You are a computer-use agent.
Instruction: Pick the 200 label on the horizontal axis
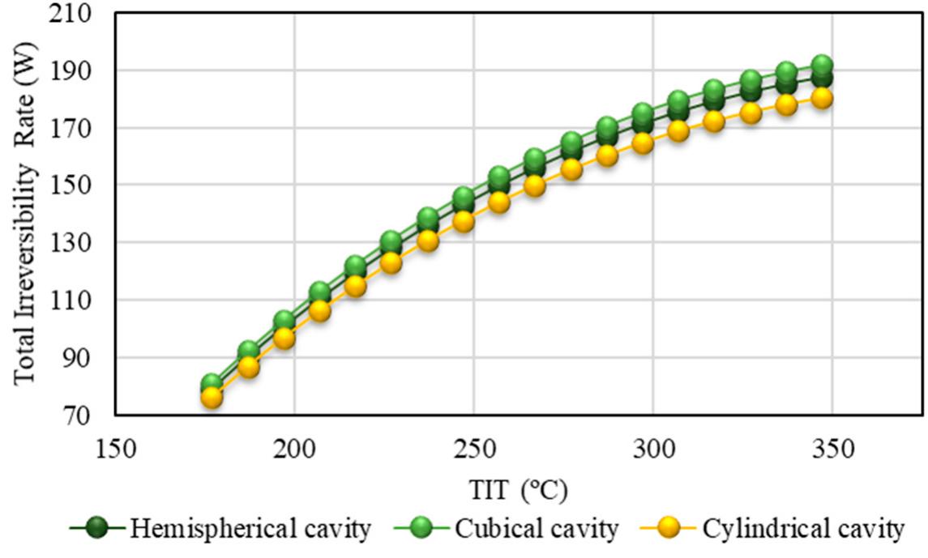click(x=294, y=448)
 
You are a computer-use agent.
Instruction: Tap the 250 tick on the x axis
click(x=474, y=448)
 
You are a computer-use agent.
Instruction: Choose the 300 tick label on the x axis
click(x=654, y=448)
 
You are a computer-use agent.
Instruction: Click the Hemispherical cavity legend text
click(x=250, y=530)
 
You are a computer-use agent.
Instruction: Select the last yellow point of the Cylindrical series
click(x=823, y=98)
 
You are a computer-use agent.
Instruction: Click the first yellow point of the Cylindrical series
click(x=212, y=398)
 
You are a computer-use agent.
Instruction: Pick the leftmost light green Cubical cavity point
click(x=212, y=384)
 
